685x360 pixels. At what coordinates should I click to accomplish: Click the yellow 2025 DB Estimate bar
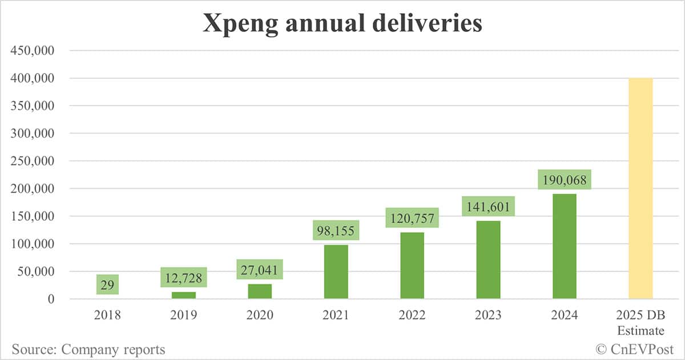click(640, 188)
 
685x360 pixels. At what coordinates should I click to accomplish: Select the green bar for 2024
click(564, 246)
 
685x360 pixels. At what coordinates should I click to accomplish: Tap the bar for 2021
click(336, 272)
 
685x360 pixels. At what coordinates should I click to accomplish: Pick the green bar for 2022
click(412, 265)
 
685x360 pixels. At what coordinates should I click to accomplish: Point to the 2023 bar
click(488, 260)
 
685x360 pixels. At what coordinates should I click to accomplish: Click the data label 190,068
click(564, 180)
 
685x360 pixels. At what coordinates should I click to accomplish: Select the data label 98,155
click(336, 231)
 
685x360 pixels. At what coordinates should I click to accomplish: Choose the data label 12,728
click(183, 277)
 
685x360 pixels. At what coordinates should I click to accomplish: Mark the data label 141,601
click(488, 206)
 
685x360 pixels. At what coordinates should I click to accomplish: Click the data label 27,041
click(260, 269)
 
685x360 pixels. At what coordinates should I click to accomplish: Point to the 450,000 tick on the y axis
click(33, 51)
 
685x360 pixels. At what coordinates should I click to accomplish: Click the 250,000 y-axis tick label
click(33, 161)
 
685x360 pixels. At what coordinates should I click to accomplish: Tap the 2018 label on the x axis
click(107, 315)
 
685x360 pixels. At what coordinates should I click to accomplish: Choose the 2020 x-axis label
click(260, 315)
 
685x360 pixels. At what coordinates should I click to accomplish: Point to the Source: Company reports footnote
click(88, 349)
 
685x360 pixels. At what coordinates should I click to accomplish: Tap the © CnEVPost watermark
click(634, 349)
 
